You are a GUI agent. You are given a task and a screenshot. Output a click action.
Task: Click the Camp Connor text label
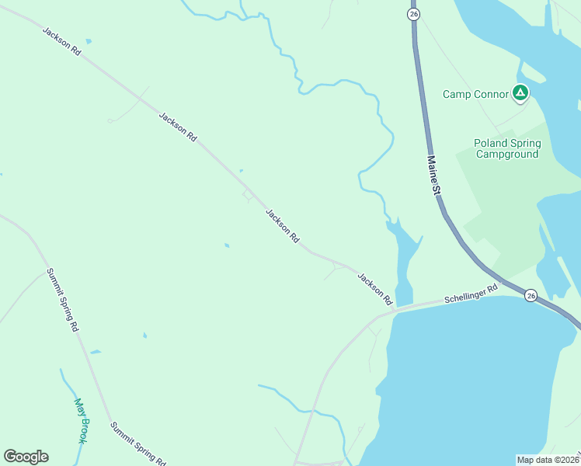coord(475,94)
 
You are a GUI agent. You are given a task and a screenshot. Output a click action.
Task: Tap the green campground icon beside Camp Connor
coord(520,94)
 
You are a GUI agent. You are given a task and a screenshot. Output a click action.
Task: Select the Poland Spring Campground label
coord(506,148)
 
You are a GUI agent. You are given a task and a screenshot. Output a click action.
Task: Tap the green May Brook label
coord(80,421)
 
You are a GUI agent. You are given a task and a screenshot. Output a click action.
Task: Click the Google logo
coord(26,457)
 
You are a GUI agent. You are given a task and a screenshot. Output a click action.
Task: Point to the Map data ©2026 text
coord(547,460)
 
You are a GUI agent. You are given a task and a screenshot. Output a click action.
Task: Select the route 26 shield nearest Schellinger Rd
coord(531,295)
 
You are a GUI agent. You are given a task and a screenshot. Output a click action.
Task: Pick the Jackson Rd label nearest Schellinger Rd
coord(374,287)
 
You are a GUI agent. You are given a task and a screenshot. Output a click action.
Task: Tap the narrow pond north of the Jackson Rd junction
coord(404,256)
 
